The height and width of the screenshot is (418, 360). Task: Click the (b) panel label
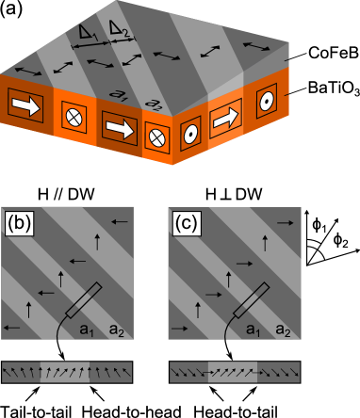coord(21,224)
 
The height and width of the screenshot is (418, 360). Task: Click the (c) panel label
coord(188,224)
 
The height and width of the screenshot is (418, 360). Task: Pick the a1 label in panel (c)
coord(254,329)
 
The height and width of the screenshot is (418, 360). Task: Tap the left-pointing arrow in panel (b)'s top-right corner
coord(121,222)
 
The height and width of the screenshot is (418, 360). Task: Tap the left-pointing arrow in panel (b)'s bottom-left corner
coord(14,327)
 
